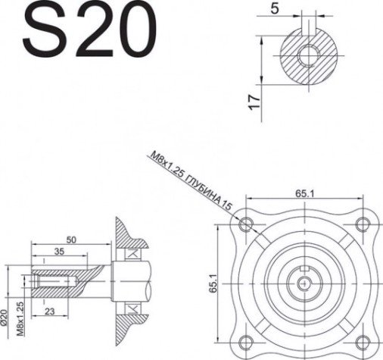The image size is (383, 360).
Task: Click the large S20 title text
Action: click(x=83, y=32)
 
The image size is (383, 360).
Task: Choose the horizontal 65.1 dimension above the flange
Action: click(x=304, y=194)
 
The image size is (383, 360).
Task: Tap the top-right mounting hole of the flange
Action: click(x=362, y=223)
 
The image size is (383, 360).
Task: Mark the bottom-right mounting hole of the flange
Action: click(x=362, y=341)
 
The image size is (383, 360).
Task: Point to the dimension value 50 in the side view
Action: click(x=71, y=239)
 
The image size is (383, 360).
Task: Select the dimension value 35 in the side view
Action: click(x=58, y=252)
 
